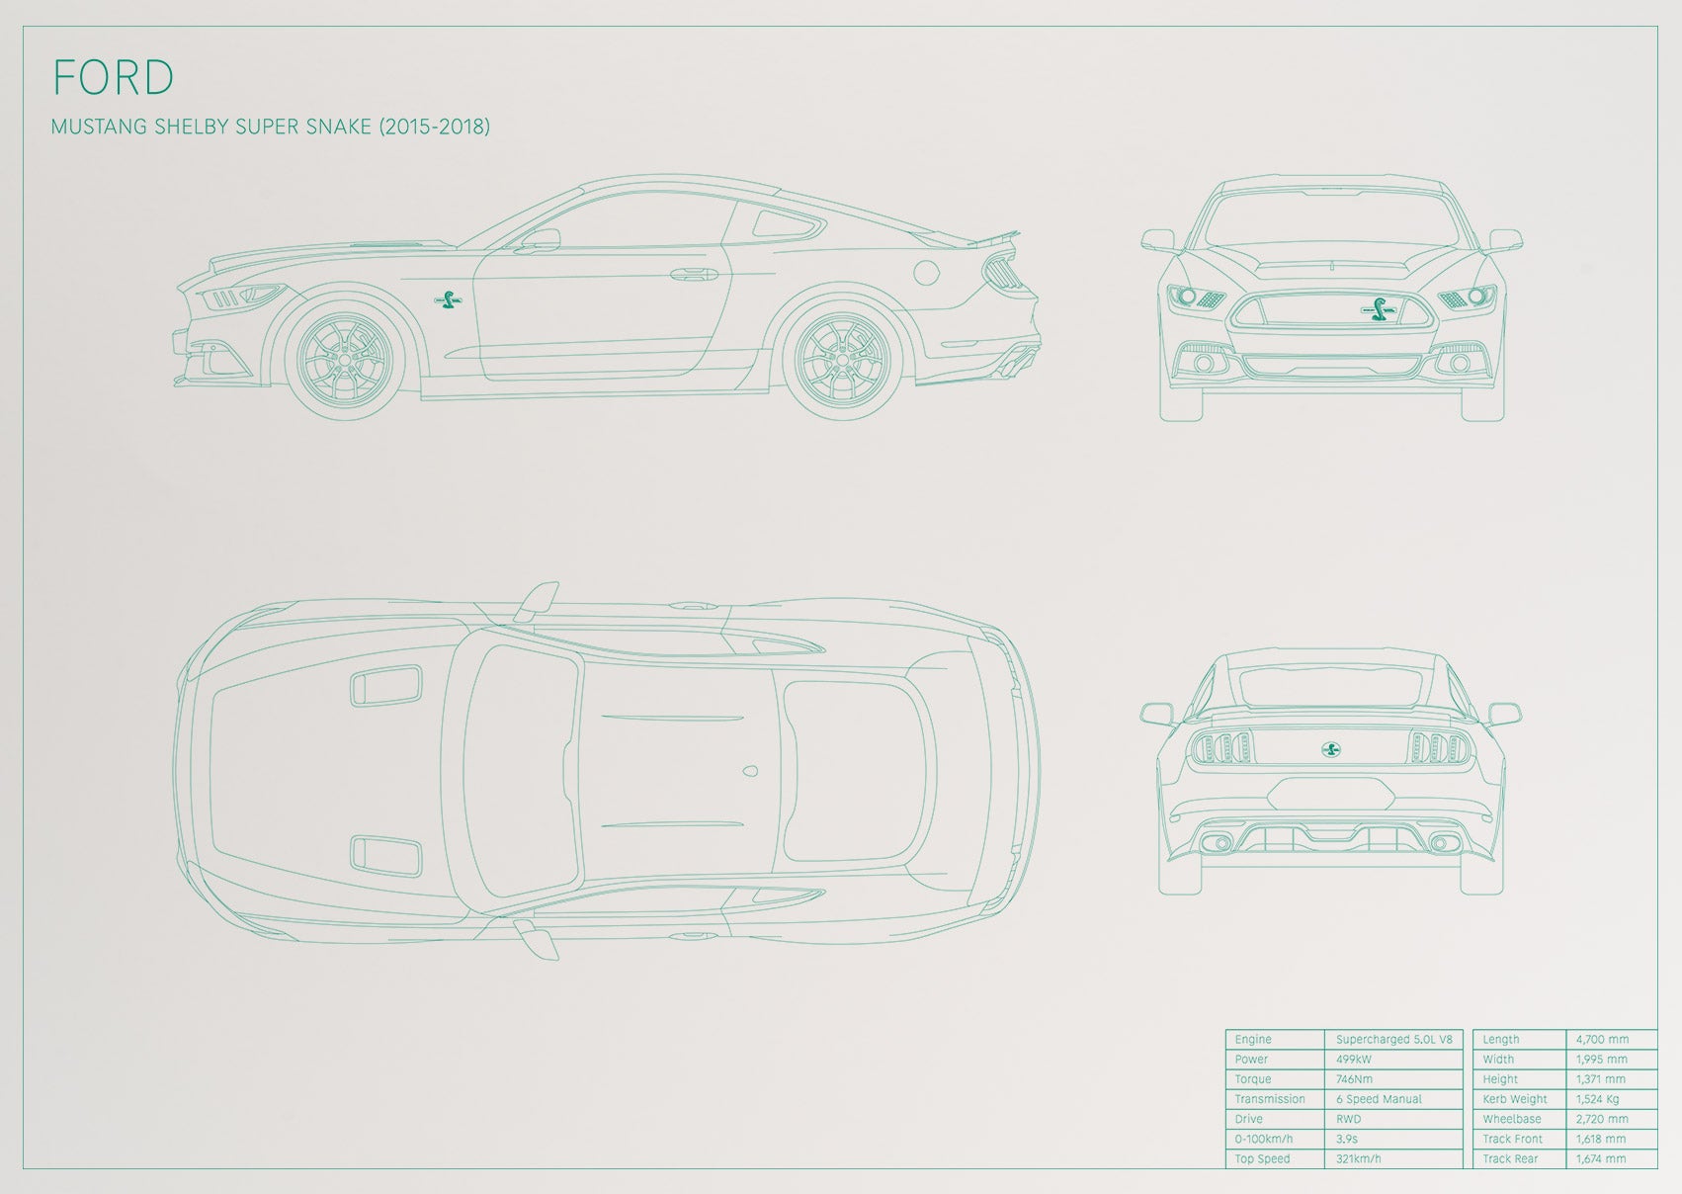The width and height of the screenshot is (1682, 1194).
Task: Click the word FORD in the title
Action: [114, 77]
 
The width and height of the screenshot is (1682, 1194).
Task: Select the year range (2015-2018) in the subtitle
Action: [434, 127]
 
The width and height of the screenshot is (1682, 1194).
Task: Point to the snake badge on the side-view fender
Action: [449, 300]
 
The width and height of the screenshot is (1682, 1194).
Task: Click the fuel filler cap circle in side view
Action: [926, 272]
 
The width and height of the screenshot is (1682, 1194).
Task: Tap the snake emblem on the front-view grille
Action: [1381, 309]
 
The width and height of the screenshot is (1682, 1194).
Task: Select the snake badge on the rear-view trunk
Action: [1331, 749]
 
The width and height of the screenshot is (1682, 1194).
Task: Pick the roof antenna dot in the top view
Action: [749, 771]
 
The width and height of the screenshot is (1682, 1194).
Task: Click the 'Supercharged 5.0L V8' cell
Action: [1393, 1039]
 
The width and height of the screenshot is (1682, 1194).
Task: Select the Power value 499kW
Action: [1354, 1060]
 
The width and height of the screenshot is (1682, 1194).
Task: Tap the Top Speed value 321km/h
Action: [1359, 1158]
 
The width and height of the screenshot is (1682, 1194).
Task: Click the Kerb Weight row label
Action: [1515, 1099]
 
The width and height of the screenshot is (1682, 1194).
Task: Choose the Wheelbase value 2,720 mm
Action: [1602, 1119]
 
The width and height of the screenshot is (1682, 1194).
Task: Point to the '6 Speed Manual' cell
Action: [1379, 1099]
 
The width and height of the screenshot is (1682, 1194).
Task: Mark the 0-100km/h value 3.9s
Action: [1346, 1140]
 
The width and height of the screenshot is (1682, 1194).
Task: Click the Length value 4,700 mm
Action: [1602, 1039]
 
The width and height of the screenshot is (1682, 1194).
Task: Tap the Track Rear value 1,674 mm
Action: [1600, 1158]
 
